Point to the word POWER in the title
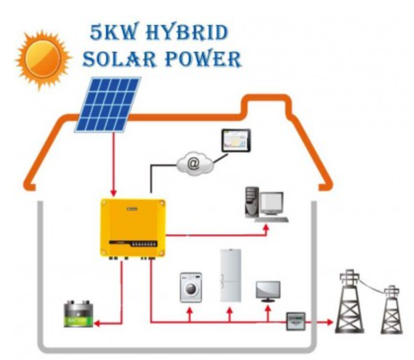[x=205, y=60]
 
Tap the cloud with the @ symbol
[x=194, y=164]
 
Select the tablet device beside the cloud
[x=236, y=140]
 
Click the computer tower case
[x=251, y=203]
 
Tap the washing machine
[x=191, y=287]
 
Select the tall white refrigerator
[x=230, y=276]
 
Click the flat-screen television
[x=268, y=290]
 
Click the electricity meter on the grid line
[x=296, y=322]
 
